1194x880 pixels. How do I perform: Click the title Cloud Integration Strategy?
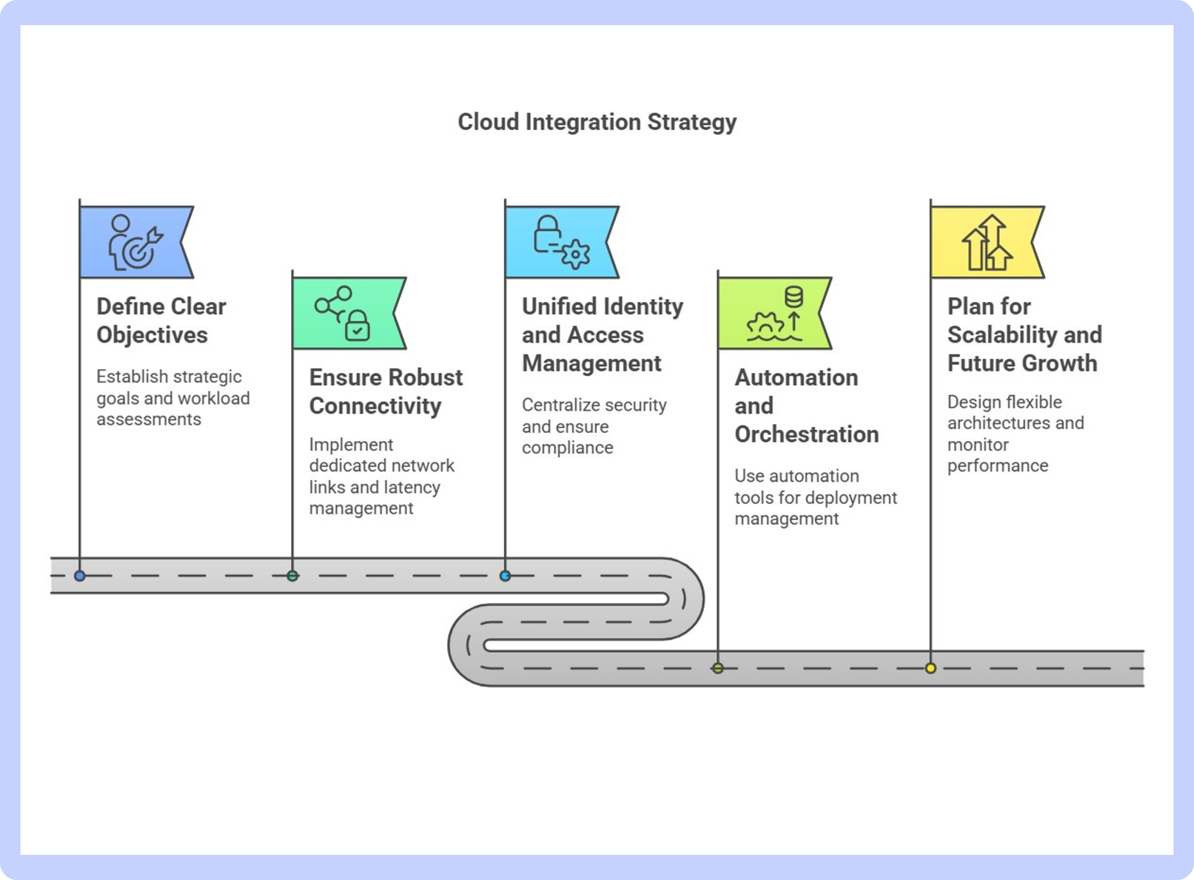(x=597, y=122)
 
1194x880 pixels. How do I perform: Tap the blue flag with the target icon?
(x=136, y=242)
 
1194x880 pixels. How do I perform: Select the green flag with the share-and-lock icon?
(x=349, y=313)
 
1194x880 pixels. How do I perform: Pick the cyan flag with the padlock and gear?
(x=562, y=242)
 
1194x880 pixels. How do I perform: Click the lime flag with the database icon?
(x=774, y=313)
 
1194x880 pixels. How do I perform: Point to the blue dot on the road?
(x=80, y=576)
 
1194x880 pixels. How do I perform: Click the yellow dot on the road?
(x=931, y=668)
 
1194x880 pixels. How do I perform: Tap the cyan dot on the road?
(x=505, y=576)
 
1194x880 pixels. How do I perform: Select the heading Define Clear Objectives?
(x=161, y=321)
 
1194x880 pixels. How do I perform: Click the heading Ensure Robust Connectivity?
(x=386, y=392)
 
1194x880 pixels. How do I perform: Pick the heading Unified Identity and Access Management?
(x=603, y=335)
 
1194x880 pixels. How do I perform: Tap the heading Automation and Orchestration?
(x=807, y=406)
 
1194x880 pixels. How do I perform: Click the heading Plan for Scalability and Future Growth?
(x=1025, y=335)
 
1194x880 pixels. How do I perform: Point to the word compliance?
(x=568, y=448)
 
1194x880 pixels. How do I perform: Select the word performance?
(x=998, y=466)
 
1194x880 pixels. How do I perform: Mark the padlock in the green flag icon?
(x=357, y=325)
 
